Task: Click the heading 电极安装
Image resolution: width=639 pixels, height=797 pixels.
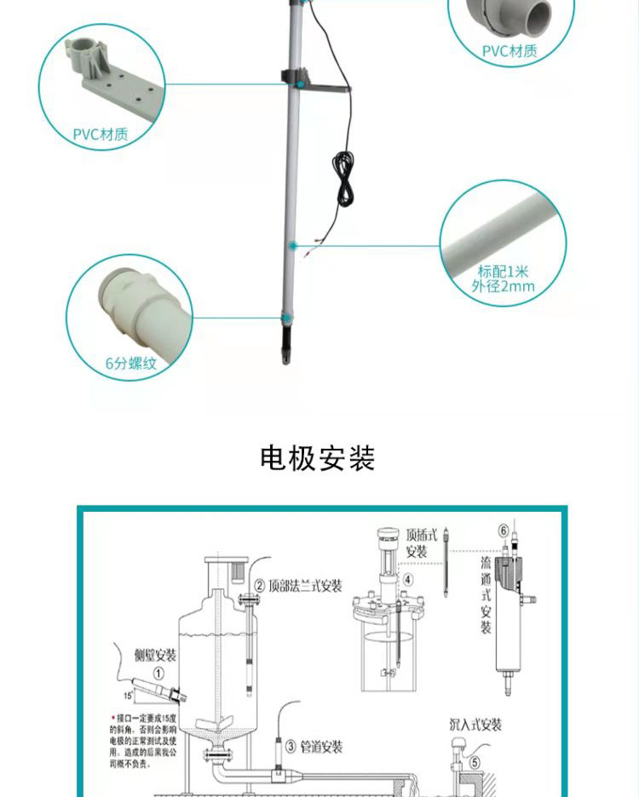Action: pyautogui.click(x=318, y=458)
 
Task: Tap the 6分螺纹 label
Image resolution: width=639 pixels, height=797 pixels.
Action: pyautogui.click(x=131, y=364)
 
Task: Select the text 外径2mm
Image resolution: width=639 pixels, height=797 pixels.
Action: pyautogui.click(x=504, y=286)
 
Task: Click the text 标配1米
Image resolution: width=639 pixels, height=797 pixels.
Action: pyautogui.click(x=504, y=271)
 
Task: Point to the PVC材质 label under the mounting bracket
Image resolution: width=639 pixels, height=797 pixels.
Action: pyautogui.click(x=101, y=134)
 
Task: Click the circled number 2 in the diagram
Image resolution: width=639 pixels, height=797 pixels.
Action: pyautogui.click(x=259, y=586)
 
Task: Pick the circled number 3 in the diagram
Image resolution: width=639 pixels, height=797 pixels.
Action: pyautogui.click(x=291, y=747)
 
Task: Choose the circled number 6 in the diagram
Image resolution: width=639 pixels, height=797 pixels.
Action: pyautogui.click(x=504, y=531)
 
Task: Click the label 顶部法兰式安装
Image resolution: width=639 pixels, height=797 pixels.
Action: pyautogui.click(x=305, y=586)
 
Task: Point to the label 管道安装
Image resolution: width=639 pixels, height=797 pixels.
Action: pyautogui.click(x=320, y=747)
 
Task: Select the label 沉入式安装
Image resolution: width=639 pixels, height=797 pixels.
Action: pyautogui.click(x=475, y=725)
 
